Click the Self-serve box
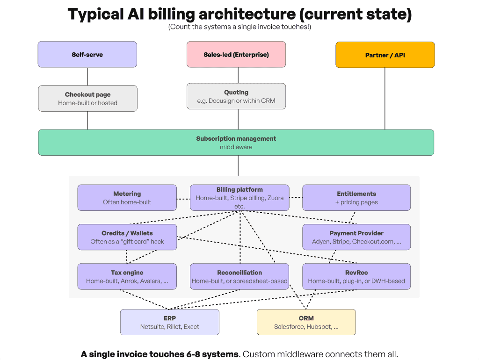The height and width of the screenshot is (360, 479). [x=87, y=55]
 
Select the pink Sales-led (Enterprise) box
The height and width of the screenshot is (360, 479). [x=236, y=55]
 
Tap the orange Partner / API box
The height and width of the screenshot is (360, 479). [x=385, y=55]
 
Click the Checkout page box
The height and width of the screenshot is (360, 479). [x=87, y=98]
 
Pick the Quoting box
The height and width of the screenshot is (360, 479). [x=236, y=96]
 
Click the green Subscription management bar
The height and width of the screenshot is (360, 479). [x=236, y=143]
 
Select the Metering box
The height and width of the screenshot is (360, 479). [x=127, y=198]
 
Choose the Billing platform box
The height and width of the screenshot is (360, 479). [x=239, y=198]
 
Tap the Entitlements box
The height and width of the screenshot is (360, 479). [x=356, y=198]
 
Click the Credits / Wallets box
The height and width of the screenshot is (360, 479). [x=127, y=237]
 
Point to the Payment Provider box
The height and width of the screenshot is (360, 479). [x=356, y=237]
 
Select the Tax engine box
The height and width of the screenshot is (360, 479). [x=127, y=277]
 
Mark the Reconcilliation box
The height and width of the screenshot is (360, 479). [x=239, y=277]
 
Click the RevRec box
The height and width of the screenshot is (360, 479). [x=356, y=277]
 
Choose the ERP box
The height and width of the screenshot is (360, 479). [x=170, y=322]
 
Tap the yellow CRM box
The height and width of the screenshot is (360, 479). [x=306, y=322]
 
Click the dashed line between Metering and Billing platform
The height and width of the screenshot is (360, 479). [x=183, y=198]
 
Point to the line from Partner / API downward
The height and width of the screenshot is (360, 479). [x=385, y=98]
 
